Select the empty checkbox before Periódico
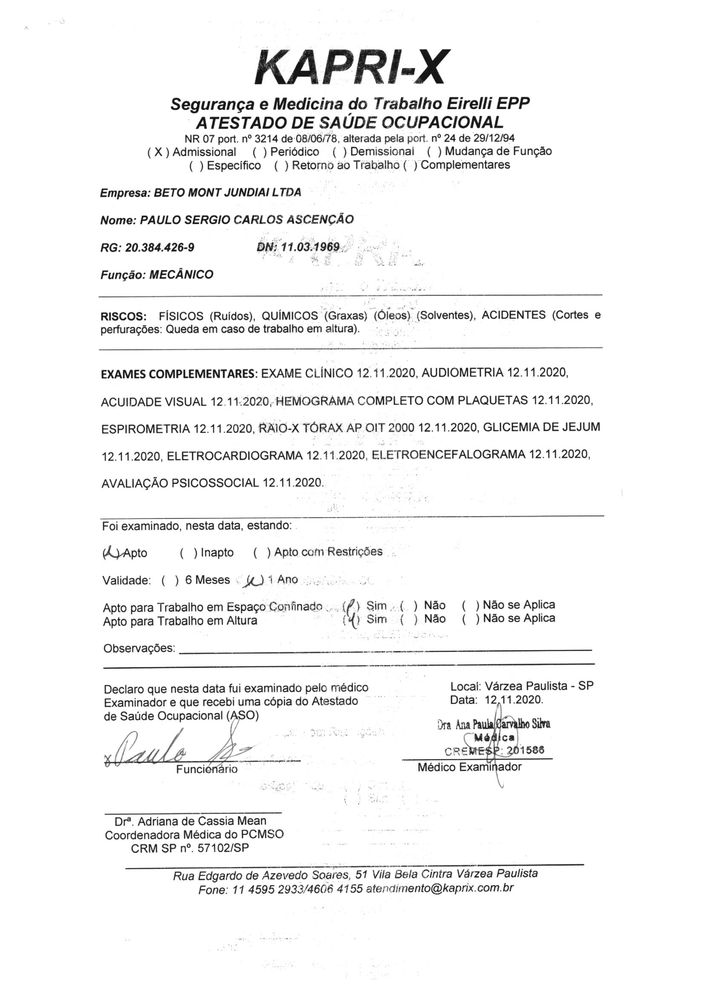pyautogui.click(x=259, y=152)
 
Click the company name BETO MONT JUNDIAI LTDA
pyautogui.click(x=227, y=192)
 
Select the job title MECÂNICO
pyautogui.click(x=181, y=275)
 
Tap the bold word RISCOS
pyautogui.click(x=124, y=316)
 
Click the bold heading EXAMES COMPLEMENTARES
pyautogui.click(x=179, y=374)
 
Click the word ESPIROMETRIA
pyautogui.click(x=145, y=429)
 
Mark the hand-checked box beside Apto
pyautogui.click(x=111, y=553)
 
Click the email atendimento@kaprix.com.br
pyautogui.click(x=440, y=888)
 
